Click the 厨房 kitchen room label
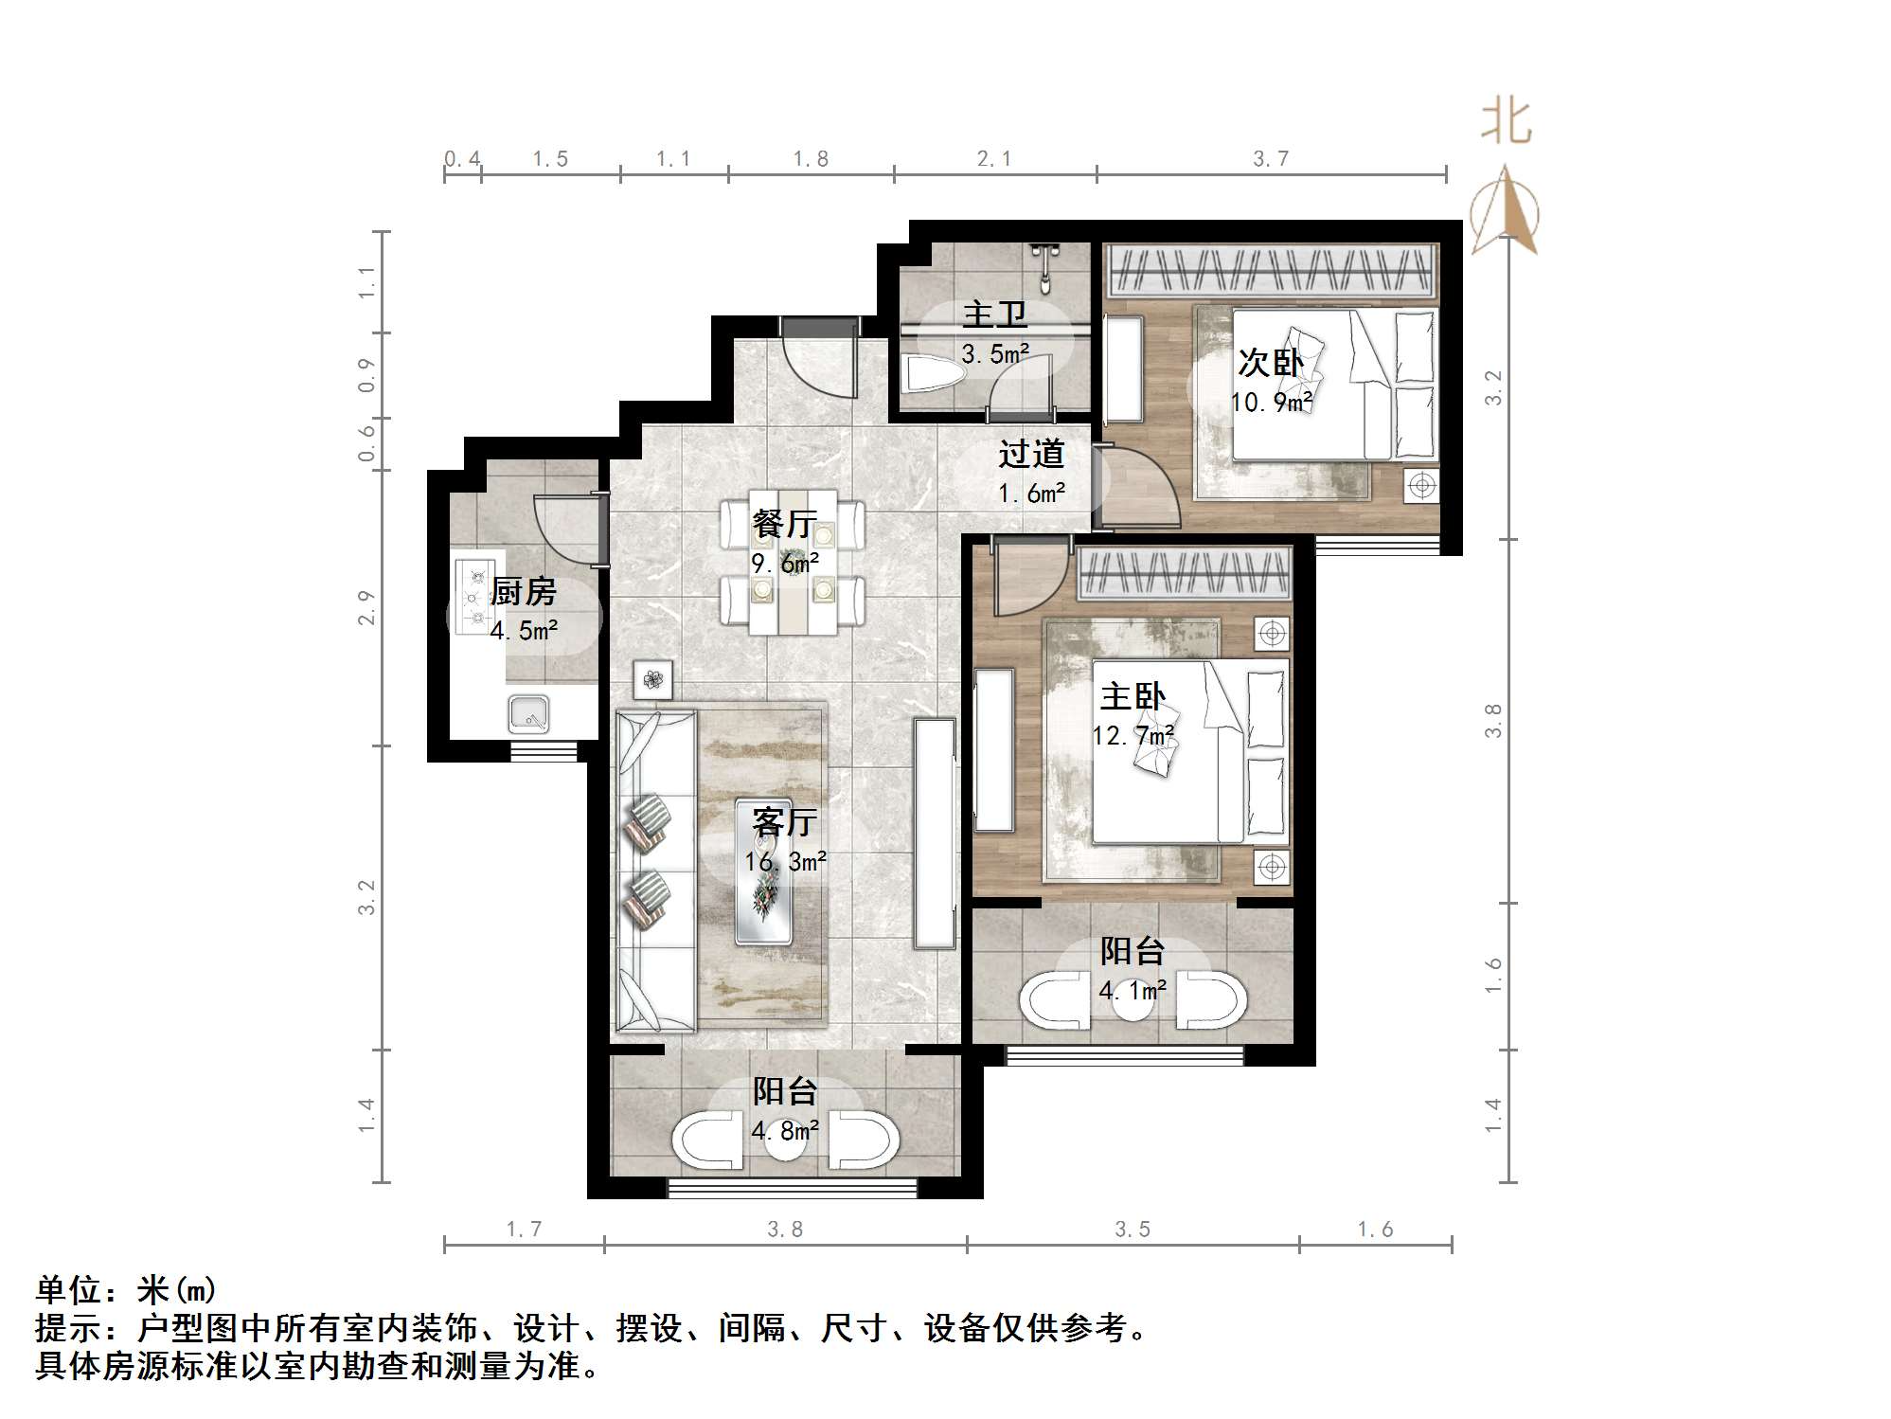coord(523,592)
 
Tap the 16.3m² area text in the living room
coord(785,861)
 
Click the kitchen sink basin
coord(528,713)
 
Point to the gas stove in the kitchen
coord(473,597)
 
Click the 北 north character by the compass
coord(1506,123)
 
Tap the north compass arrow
coord(1506,210)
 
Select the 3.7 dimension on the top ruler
coord(1271,159)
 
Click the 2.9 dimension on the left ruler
coord(366,607)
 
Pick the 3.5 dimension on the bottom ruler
coord(1133,1229)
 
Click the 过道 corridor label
coord(1031,455)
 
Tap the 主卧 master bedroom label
coord(1133,697)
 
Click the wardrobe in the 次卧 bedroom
coord(1269,269)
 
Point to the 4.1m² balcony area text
coord(1133,991)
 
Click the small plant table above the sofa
coord(653,678)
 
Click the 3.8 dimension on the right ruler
coord(1493,720)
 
